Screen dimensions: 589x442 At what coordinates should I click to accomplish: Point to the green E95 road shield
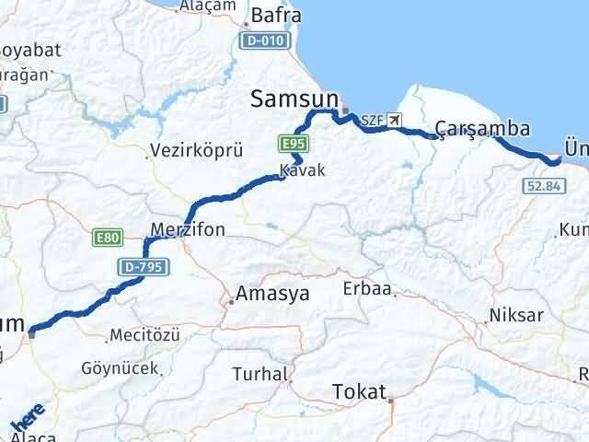(294, 144)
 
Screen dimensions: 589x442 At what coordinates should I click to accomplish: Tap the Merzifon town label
(188, 229)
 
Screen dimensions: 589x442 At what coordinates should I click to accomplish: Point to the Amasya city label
(272, 295)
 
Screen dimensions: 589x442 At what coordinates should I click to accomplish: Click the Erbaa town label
(367, 289)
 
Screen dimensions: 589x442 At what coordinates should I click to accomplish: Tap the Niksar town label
(517, 315)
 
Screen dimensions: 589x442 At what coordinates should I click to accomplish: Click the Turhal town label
(260, 374)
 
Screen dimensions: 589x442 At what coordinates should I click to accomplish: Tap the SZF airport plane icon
(395, 120)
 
